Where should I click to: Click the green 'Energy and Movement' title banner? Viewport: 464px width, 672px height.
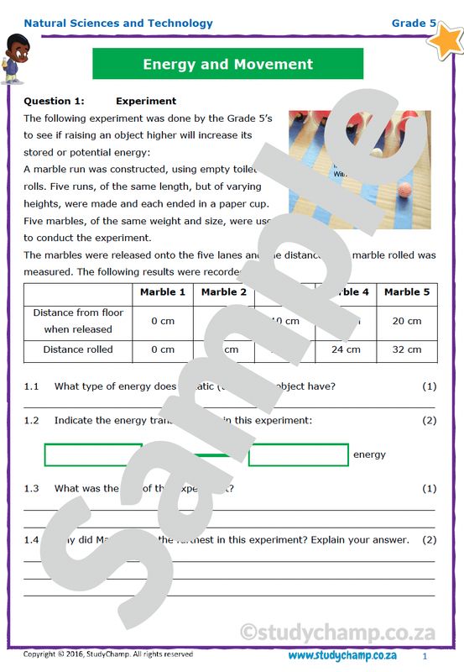tap(227, 64)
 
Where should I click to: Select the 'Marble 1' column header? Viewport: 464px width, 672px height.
tap(163, 292)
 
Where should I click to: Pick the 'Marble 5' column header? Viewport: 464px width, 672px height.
tap(407, 292)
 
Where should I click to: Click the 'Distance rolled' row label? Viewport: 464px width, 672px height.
tap(78, 349)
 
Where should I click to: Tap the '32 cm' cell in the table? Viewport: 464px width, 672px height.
tap(407, 349)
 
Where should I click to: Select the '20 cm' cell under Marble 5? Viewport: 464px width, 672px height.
tap(407, 321)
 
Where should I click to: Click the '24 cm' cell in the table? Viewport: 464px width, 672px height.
tap(346, 349)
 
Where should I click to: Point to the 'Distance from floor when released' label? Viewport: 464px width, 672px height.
tap(78, 321)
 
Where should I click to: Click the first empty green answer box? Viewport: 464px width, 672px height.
tap(93, 454)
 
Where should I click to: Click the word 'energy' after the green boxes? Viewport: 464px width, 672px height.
tap(369, 454)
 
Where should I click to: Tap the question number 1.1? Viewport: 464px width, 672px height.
tap(32, 386)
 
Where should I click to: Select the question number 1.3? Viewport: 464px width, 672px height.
tap(32, 488)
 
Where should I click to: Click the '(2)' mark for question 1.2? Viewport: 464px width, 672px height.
tap(429, 420)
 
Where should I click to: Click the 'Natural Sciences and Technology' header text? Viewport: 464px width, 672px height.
tap(118, 24)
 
